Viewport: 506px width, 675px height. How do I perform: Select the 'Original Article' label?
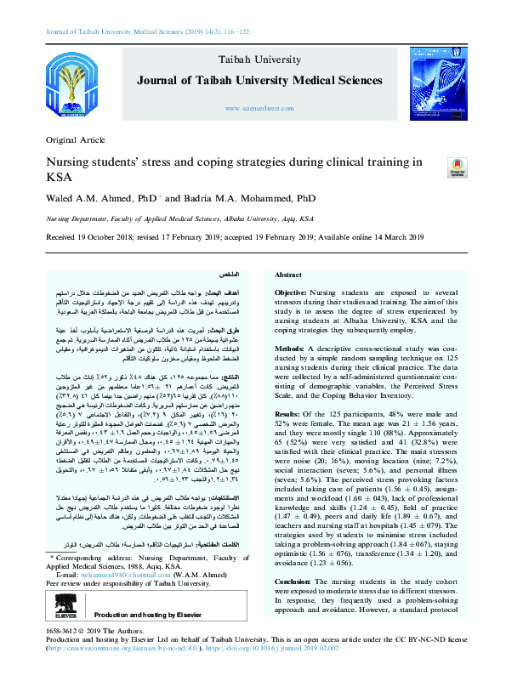coord(71,139)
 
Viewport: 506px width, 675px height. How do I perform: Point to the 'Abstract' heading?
coord(288,275)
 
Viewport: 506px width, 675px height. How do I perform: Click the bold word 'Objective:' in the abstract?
coord(294,292)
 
